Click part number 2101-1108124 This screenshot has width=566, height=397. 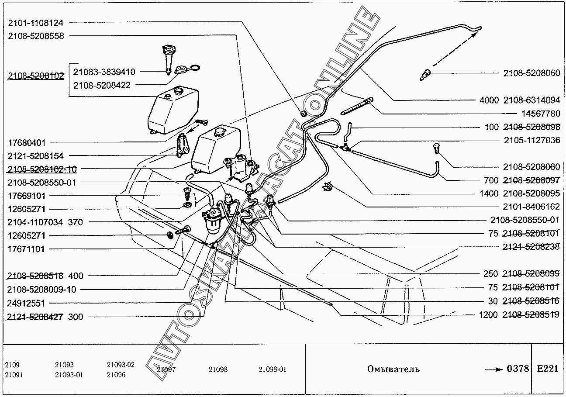(36, 23)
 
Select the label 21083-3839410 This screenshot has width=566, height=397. (104, 72)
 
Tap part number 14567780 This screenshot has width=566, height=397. (541, 114)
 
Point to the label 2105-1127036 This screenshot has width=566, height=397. (532, 140)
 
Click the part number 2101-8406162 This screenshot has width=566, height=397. (531, 207)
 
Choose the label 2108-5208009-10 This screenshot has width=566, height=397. (41, 290)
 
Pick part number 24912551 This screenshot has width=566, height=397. (26, 303)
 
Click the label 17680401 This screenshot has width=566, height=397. (27, 143)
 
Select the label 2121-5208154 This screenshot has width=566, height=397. (36, 156)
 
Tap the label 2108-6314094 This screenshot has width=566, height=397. (531, 100)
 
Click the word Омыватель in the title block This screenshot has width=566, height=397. (393, 369)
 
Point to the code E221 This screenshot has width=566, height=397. (547, 369)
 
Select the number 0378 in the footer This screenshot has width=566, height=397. (518, 369)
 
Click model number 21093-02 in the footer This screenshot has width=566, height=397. (121, 365)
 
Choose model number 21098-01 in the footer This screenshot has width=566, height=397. (273, 369)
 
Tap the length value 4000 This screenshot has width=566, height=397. (489, 100)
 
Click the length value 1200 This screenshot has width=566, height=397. (488, 315)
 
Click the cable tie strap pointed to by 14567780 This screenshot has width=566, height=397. (356, 107)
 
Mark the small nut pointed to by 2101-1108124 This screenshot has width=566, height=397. (304, 114)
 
